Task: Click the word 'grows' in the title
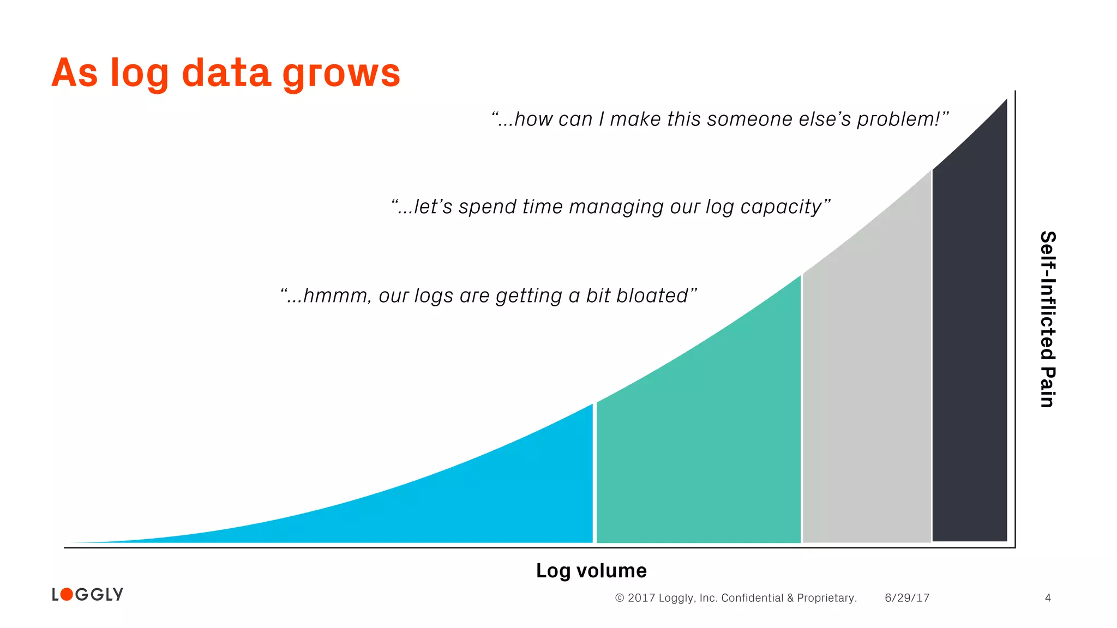point(341,74)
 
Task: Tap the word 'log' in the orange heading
point(139,74)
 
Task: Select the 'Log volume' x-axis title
point(591,571)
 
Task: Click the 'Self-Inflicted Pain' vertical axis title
point(1048,319)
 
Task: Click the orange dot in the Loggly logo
point(67,594)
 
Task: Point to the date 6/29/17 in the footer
point(907,598)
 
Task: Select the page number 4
point(1048,598)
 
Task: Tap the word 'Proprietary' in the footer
point(826,598)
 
